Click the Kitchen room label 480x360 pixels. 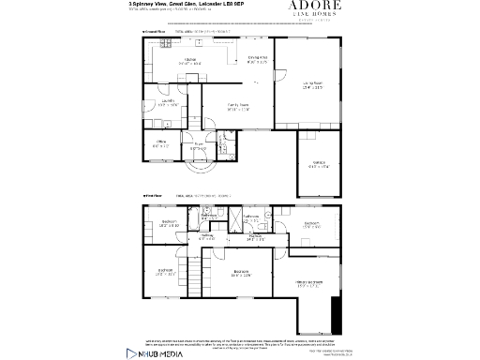point(189,62)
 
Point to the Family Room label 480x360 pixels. point(238,108)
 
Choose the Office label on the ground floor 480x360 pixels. point(160,144)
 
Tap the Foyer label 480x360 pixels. point(198,147)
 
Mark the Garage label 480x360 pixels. point(319,166)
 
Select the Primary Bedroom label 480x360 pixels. point(310,283)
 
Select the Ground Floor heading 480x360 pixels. point(154,32)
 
